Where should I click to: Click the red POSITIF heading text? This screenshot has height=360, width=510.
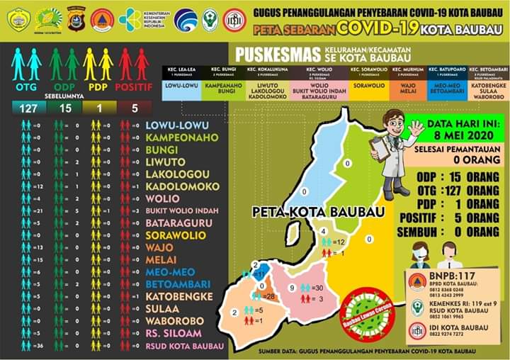pyautogui.click(x=135, y=87)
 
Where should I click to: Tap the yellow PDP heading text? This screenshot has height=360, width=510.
pyautogui.click(x=98, y=87)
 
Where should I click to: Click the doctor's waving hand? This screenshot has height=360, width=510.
pyautogui.click(x=416, y=128)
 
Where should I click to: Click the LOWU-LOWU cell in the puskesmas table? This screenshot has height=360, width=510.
pyautogui.click(x=181, y=86)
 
